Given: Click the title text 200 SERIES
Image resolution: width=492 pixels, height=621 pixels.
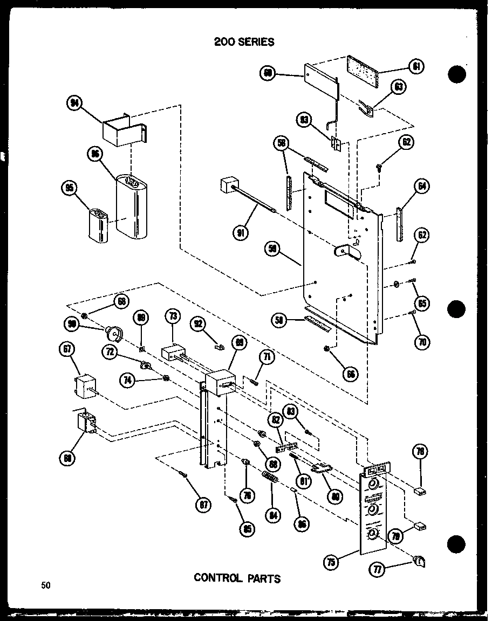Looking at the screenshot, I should pyautogui.click(x=244, y=42).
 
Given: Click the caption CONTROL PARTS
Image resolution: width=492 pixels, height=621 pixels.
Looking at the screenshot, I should pyautogui.click(x=237, y=578).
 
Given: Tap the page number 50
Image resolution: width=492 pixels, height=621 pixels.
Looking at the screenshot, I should pyautogui.click(x=45, y=585).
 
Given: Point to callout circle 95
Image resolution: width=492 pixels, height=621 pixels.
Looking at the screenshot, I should pyautogui.click(x=69, y=189).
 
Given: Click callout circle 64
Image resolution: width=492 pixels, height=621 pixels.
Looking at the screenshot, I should pyautogui.click(x=422, y=187).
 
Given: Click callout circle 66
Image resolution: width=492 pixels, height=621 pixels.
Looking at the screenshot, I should pyautogui.click(x=352, y=371).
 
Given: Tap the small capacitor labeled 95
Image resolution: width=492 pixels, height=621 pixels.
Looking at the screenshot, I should pyautogui.click(x=99, y=228).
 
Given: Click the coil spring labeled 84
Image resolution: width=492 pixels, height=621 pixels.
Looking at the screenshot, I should pyautogui.click(x=269, y=477).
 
